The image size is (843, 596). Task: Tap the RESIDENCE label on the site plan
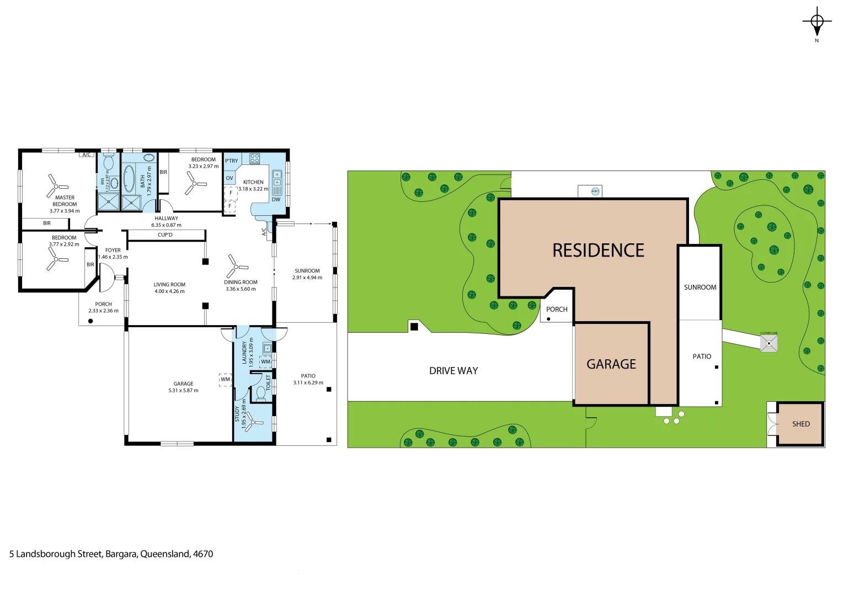[598, 251]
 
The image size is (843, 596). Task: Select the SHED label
[801, 424]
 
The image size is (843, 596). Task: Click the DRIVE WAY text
[453, 371]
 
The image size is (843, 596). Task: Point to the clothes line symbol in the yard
[769, 344]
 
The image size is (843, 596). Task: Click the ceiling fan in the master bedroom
[57, 184]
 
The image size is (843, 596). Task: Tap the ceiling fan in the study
[253, 422]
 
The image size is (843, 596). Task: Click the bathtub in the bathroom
[129, 178]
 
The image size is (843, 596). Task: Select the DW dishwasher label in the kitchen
[276, 200]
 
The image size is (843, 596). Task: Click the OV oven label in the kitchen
[230, 178]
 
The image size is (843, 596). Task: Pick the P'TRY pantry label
[232, 161]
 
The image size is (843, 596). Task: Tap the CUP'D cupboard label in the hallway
[165, 235]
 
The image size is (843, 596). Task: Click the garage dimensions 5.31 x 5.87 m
[183, 391]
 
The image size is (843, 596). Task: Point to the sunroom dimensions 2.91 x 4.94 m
[307, 278]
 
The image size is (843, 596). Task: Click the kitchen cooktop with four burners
[254, 159]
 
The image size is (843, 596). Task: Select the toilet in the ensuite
[108, 162]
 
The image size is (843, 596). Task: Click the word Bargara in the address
[121, 554]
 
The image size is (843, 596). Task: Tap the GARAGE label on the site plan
[611, 364]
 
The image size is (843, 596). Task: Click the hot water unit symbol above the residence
[595, 191]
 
